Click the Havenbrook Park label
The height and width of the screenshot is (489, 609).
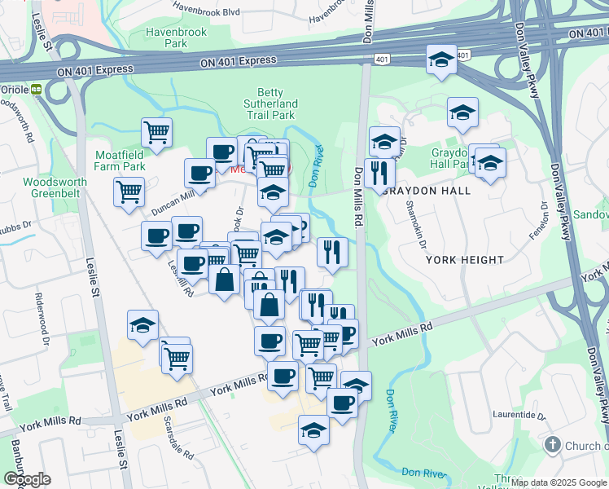pos(176,37)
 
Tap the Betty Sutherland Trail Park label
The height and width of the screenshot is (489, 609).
pos(269,104)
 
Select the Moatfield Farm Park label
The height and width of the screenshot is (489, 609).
pos(120,161)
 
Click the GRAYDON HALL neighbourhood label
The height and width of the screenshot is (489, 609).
pos(432,191)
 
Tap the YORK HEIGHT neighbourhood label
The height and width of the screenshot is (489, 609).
pos(465,259)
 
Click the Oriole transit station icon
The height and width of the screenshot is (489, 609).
pos(36,89)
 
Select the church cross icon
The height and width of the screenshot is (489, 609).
pos(552,445)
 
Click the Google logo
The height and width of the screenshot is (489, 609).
pos(27,478)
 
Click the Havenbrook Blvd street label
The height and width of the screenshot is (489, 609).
pos(208,12)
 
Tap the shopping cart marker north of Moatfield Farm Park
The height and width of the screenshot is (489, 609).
pos(156,130)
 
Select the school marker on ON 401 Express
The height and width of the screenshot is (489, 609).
pos(441,59)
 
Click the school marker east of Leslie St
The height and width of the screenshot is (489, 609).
pos(143,324)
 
